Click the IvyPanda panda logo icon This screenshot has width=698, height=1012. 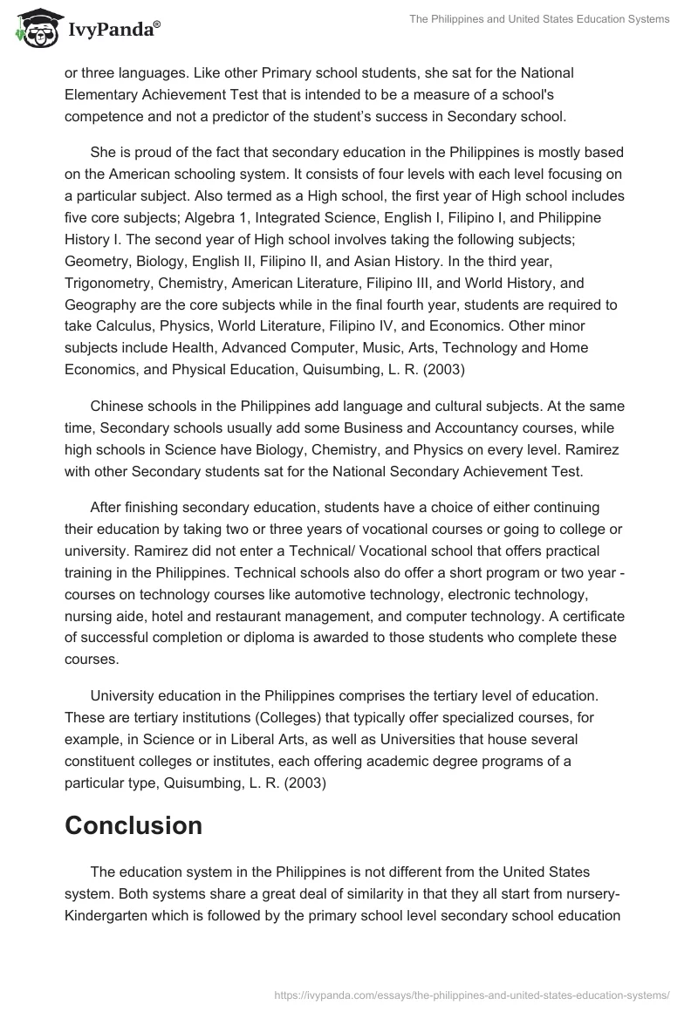point(34,28)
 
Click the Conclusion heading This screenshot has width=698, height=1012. point(133,825)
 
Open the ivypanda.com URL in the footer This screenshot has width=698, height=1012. point(470,994)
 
